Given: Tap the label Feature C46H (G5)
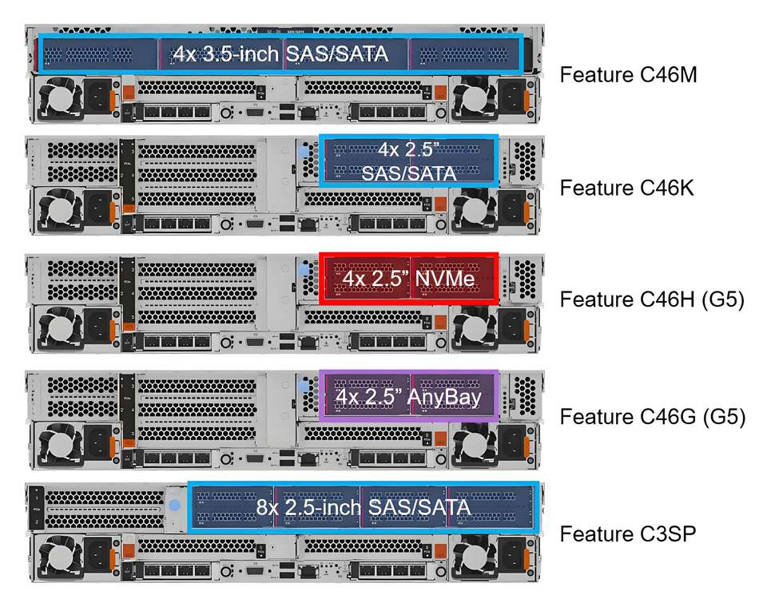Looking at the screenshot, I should (652, 300).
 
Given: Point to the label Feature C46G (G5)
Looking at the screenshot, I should (652, 417).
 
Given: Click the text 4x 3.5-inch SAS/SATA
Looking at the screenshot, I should (280, 54).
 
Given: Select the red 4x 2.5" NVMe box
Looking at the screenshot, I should (409, 279).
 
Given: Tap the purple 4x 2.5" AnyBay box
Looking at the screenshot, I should (409, 395).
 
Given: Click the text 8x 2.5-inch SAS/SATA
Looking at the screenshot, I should (364, 506).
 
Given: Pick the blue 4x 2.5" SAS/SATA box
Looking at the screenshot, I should (409, 161).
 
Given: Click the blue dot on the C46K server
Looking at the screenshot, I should (304, 150).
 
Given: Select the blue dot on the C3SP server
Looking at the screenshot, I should (176, 506).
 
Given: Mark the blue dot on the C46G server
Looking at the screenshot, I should (304, 387).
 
